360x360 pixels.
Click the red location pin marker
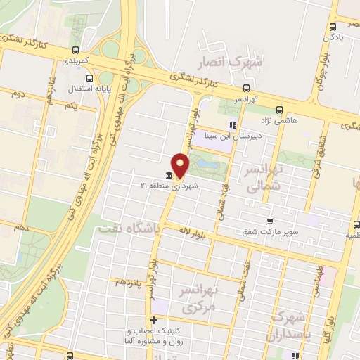point(181,163)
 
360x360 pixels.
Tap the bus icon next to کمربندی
point(75,50)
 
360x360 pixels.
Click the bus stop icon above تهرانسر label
point(246,89)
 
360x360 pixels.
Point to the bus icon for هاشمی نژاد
point(279,110)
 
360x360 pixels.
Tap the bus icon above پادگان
point(333,27)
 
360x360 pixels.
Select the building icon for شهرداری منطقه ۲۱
point(169,175)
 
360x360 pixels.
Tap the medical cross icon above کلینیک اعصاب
point(153,321)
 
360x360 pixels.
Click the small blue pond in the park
point(208,164)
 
